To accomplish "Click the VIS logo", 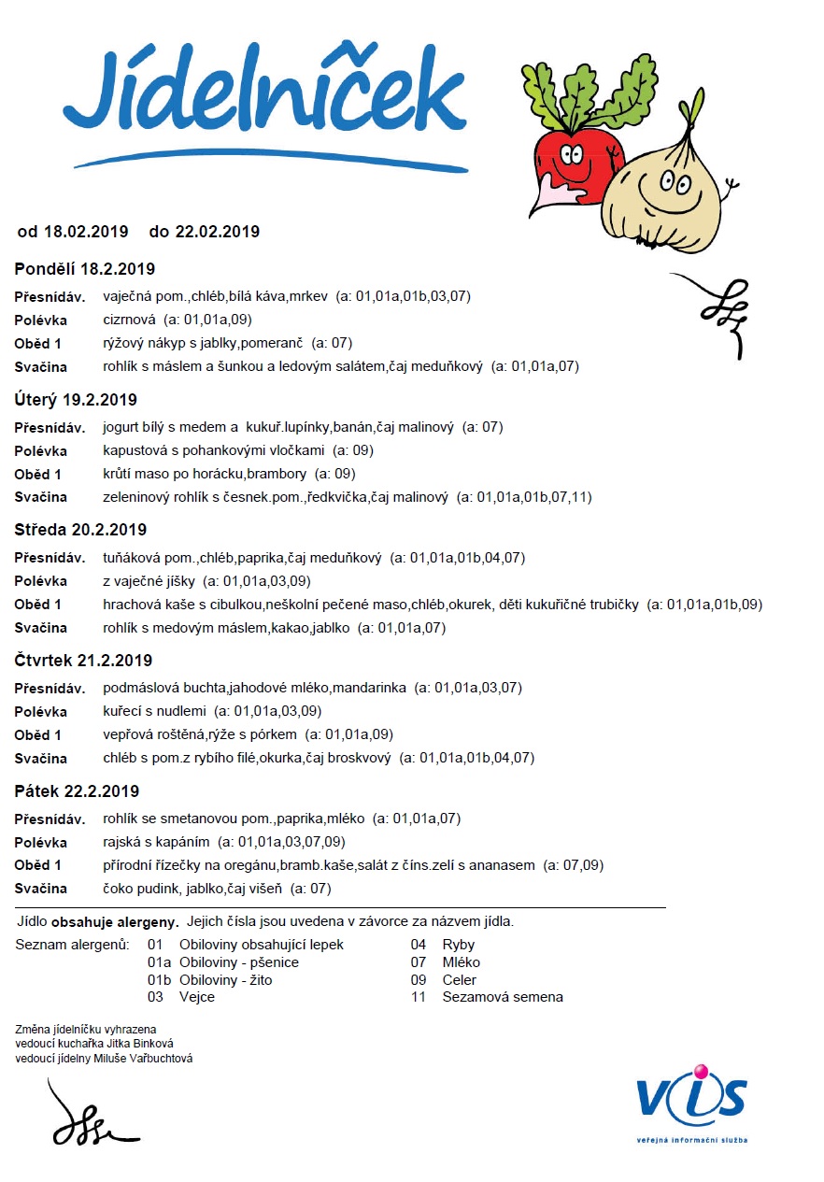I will [691, 1096].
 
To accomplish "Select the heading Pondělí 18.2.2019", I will [84, 269].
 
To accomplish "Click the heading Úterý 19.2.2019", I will [76, 400].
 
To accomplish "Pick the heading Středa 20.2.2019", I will [80, 530].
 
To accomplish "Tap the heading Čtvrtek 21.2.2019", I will [83, 661].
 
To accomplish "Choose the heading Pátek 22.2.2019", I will [77, 791].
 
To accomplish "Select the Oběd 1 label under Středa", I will [38, 605].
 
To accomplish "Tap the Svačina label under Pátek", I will [41, 889].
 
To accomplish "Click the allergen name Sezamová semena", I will [503, 997].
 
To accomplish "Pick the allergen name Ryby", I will [459, 945].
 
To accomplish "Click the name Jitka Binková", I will [135, 1044].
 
